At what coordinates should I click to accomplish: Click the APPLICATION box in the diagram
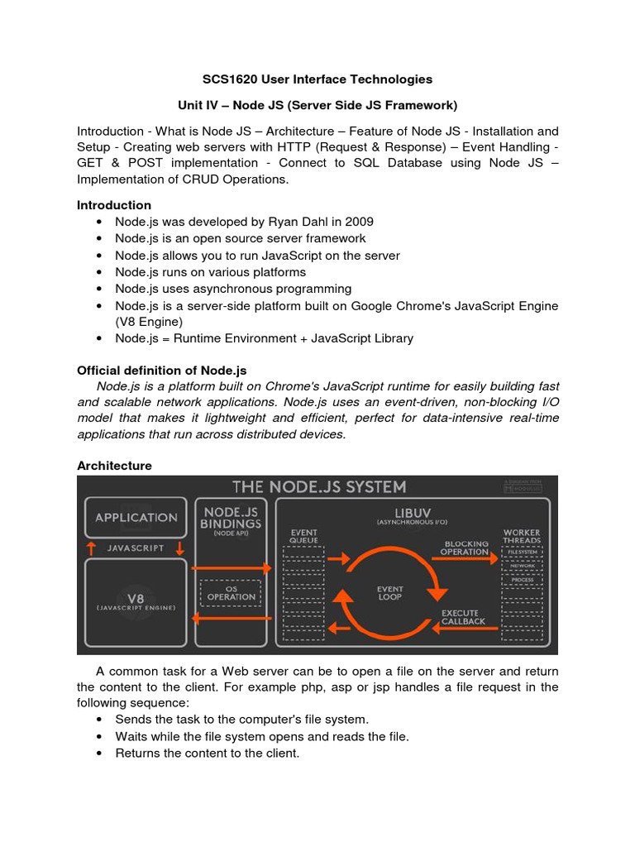tap(136, 518)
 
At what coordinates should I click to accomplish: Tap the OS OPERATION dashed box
tap(232, 592)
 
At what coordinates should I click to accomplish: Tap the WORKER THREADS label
tap(522, 535)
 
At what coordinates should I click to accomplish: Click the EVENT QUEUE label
tap(303, 535)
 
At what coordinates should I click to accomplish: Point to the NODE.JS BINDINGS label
tap(232, 517)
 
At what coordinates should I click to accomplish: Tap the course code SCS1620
tap(232, 79)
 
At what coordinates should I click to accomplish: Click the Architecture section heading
tap(114, 466)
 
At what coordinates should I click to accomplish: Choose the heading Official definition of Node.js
tap(161, 370)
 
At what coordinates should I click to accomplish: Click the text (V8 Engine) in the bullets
tap(149, 322)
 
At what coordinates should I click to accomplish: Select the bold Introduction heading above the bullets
tap(114, 205)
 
